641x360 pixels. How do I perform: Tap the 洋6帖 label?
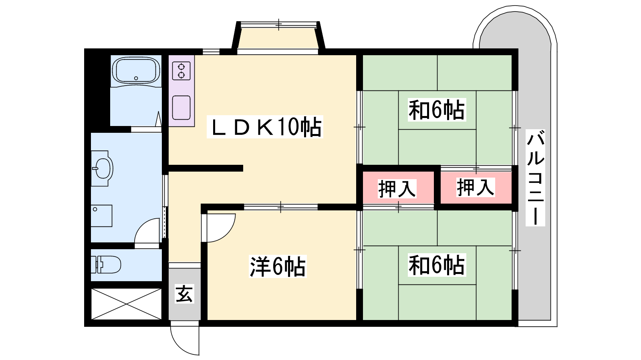pyautogui.click(x=278, y=266)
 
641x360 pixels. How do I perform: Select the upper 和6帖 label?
pyautogui.click(x=436, y=110)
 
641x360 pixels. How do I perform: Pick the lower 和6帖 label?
pyautogui.click(x=436, y=265)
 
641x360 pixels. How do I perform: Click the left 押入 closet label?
pyautogui.click(x=397, y=188)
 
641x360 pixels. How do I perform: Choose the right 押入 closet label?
pyautogui.click(x=476, y=187)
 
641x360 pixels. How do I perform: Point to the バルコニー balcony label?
pyautogui.click(x=535, y=177)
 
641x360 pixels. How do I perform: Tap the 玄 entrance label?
pyautogui.click(x=184, y=294)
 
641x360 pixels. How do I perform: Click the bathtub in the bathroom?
pyautogui.click(x=136, y=71)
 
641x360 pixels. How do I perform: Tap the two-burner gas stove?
pyautogui.click(x=181, y=71)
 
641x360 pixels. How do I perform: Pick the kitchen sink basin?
pyautogui.click(x=181, y=107)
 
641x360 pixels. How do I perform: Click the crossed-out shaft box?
pyautogui.click(x=126, y=304)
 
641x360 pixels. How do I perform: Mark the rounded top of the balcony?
pyautogui.click(x=515, y=30)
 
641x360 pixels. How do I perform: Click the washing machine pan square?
pyautogui.click(x=101, y=216)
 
